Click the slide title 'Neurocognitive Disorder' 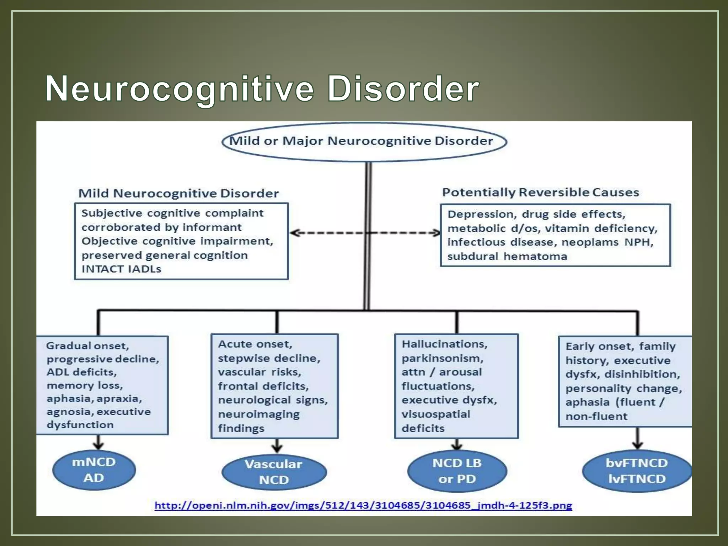tap(262, 89)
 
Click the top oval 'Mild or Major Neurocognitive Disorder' tap(364, 141)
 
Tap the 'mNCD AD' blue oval tap(94, 470)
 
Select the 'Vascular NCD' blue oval tap(274, 472)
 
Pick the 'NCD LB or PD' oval tap(457, 471)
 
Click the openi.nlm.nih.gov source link tap(363, 505)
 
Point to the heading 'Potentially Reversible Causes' tap(540, 192)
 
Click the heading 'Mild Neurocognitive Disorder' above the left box tap(178, 193)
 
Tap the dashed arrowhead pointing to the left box tap(294, 233)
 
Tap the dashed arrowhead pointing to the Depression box tap(436, 233)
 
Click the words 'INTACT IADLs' tap(121, 269)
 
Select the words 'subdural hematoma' tap(507, 256)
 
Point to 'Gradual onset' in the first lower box tap(87, 346)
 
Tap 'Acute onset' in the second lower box tap(255, 344)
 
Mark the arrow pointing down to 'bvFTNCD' tap(638, 444)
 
